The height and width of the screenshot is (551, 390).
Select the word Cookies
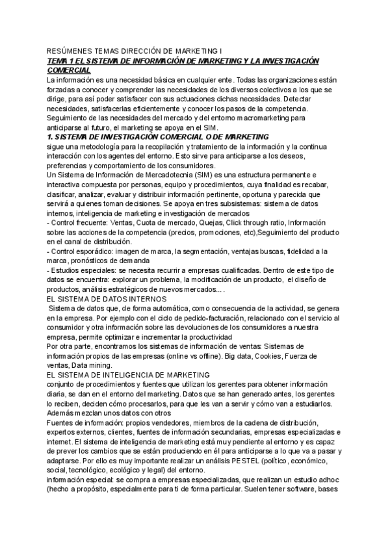(253, 356)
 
